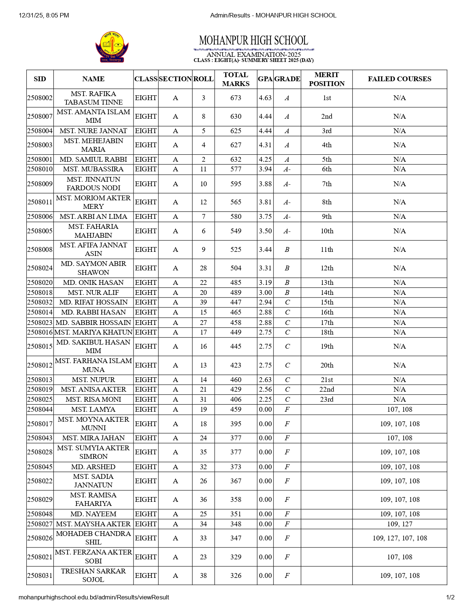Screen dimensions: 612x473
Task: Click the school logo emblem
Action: click(112, 47)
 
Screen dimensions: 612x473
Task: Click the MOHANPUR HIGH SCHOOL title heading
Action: click(253, 40)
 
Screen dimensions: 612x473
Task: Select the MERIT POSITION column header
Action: click(326, 79)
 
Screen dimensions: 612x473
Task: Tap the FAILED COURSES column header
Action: click(400, 79)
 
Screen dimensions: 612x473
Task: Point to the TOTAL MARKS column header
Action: click(236, 79)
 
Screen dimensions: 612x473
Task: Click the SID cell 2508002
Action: click(40, 98)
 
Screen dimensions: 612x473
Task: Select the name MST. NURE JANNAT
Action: click(93, 131)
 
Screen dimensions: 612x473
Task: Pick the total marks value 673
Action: click(236, 98)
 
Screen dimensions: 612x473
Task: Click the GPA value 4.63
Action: click(265, 98)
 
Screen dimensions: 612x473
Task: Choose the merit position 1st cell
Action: click(326, 98)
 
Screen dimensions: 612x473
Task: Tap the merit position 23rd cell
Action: click(326, 399)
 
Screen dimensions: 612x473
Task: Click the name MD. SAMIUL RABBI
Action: click(93, 159)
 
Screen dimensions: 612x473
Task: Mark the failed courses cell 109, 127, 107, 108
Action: click(400, 538)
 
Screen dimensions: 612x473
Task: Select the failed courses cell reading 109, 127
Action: click(400, 524)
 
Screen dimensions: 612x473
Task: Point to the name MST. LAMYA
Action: click(93, 409)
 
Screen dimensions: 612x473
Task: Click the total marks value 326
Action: click(236, 576)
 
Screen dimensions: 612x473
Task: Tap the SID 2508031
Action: click(40, 576)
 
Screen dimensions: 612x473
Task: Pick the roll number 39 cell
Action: click(203, 302)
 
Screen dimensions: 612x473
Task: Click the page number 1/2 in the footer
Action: click(450, 598)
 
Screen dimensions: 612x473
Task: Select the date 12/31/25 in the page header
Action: click(31, 15)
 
